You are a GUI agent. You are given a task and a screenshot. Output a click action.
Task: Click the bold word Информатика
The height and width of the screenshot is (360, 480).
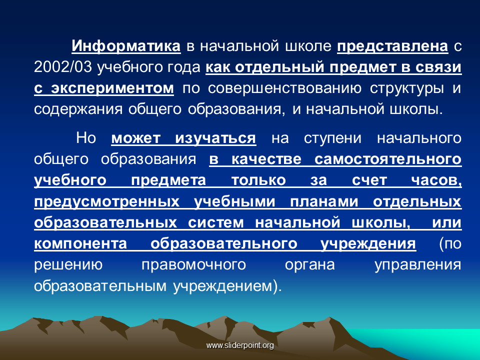point(126,46)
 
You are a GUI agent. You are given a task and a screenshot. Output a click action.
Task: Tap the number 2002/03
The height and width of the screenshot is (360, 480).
point(63,67)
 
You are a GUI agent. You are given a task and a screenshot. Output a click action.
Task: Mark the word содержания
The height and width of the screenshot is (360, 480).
point(78,109)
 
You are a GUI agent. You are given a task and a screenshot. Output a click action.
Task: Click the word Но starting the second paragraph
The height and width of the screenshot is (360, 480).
point(86,138)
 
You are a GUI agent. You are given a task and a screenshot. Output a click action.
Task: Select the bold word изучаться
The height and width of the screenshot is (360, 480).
point(215,138)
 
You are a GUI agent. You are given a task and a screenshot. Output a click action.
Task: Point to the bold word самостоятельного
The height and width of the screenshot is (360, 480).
point(388,159)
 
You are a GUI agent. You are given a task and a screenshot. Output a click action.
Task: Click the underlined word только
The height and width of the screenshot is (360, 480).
point(258,180)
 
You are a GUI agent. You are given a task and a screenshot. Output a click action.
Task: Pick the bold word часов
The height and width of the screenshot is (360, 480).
point(436,180)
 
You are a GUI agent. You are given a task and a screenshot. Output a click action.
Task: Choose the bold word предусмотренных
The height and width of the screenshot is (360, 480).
point(107,202)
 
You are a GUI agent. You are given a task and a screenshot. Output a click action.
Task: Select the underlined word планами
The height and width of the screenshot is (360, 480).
point(324,201)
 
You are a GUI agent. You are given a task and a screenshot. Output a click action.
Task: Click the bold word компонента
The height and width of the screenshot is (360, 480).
point(80,244)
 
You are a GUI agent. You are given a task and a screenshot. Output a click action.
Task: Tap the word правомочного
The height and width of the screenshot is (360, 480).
point(194,265)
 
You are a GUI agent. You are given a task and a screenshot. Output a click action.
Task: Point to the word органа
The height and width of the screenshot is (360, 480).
point(310,265)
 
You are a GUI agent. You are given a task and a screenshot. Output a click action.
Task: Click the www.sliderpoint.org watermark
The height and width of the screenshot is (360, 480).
point(240,345)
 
